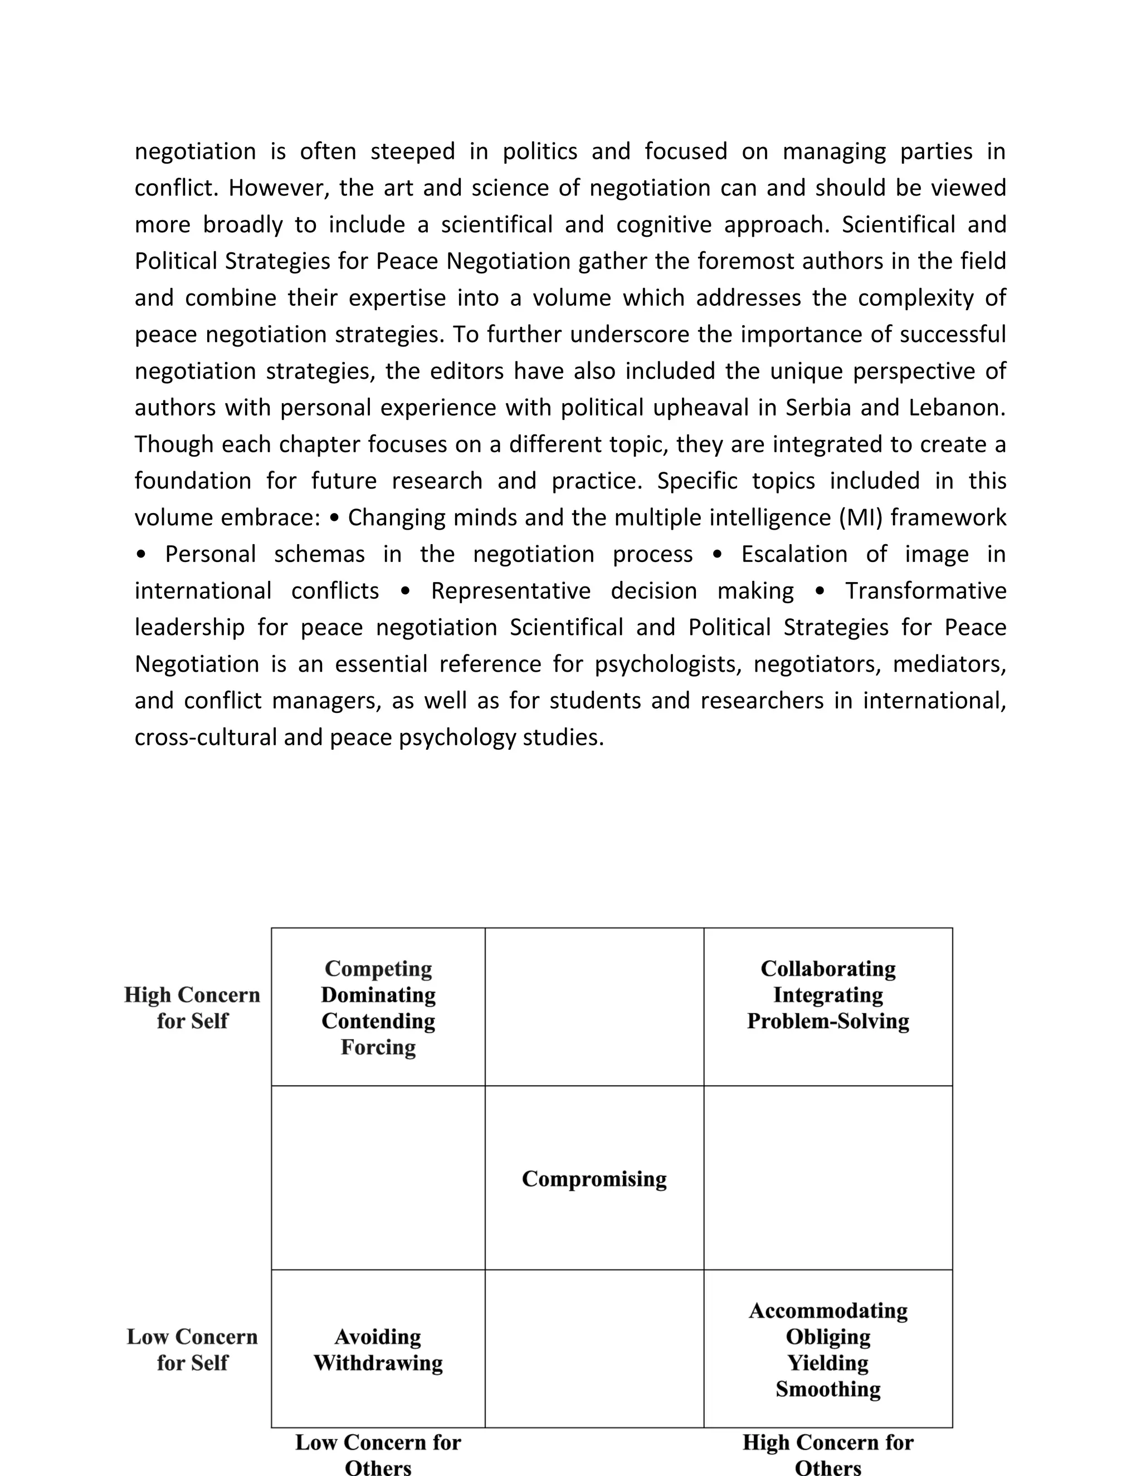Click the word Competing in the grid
tap(378, 969)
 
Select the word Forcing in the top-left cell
tap(378, 1047)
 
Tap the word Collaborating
tap(828, 969)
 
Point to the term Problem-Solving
tap(828, 1020)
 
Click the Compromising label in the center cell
tap(594, 1179)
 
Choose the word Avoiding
tap(378, 1337)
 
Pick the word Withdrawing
tap(378, 1363)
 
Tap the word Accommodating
tap(828, 1311)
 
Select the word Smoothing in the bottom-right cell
tap(828, 1390)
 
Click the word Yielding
tap(828, 1363)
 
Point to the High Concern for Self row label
tap(192, 1008)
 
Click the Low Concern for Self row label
tap(192, 1350)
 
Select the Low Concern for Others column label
tap(378, 1454)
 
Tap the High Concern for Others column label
tap(828, 1454)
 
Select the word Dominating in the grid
tap(378, 995)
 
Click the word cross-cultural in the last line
tap(206, 737)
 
